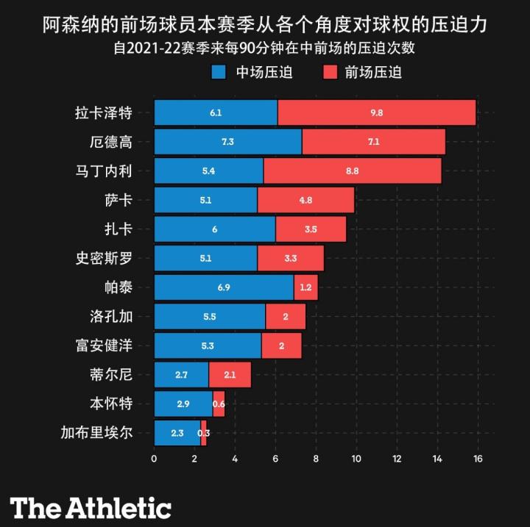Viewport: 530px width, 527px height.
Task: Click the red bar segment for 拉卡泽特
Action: click(x=377, y=113)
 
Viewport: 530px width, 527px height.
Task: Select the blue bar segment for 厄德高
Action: click(x=227, y=142)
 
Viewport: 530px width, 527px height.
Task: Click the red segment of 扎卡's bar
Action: click(x=311, y=229)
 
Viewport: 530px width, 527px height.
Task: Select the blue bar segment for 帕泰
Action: click(x=224, y=287)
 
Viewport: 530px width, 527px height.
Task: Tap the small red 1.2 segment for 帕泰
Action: click(x=305, y=287)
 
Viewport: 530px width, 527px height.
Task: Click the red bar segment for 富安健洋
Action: click(x=281, y=345)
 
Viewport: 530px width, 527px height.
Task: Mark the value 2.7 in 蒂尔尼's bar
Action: click(x=181, y=375)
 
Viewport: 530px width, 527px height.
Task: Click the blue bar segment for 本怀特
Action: click(x=183, y=404)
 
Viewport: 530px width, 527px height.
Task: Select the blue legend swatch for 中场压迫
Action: click(x=219, y=72)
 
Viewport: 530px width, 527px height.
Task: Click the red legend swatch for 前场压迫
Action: click(x=329, y=72)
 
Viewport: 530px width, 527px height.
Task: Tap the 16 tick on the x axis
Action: click(x=477, y=459)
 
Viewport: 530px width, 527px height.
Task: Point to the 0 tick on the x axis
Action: click(x=154, y=459)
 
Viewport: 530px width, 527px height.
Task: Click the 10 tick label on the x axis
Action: click(x=356, y=459)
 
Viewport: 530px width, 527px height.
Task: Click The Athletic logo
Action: click(x=91, y=507)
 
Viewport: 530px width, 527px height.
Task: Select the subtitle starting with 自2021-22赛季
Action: click(x=265, y=50)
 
